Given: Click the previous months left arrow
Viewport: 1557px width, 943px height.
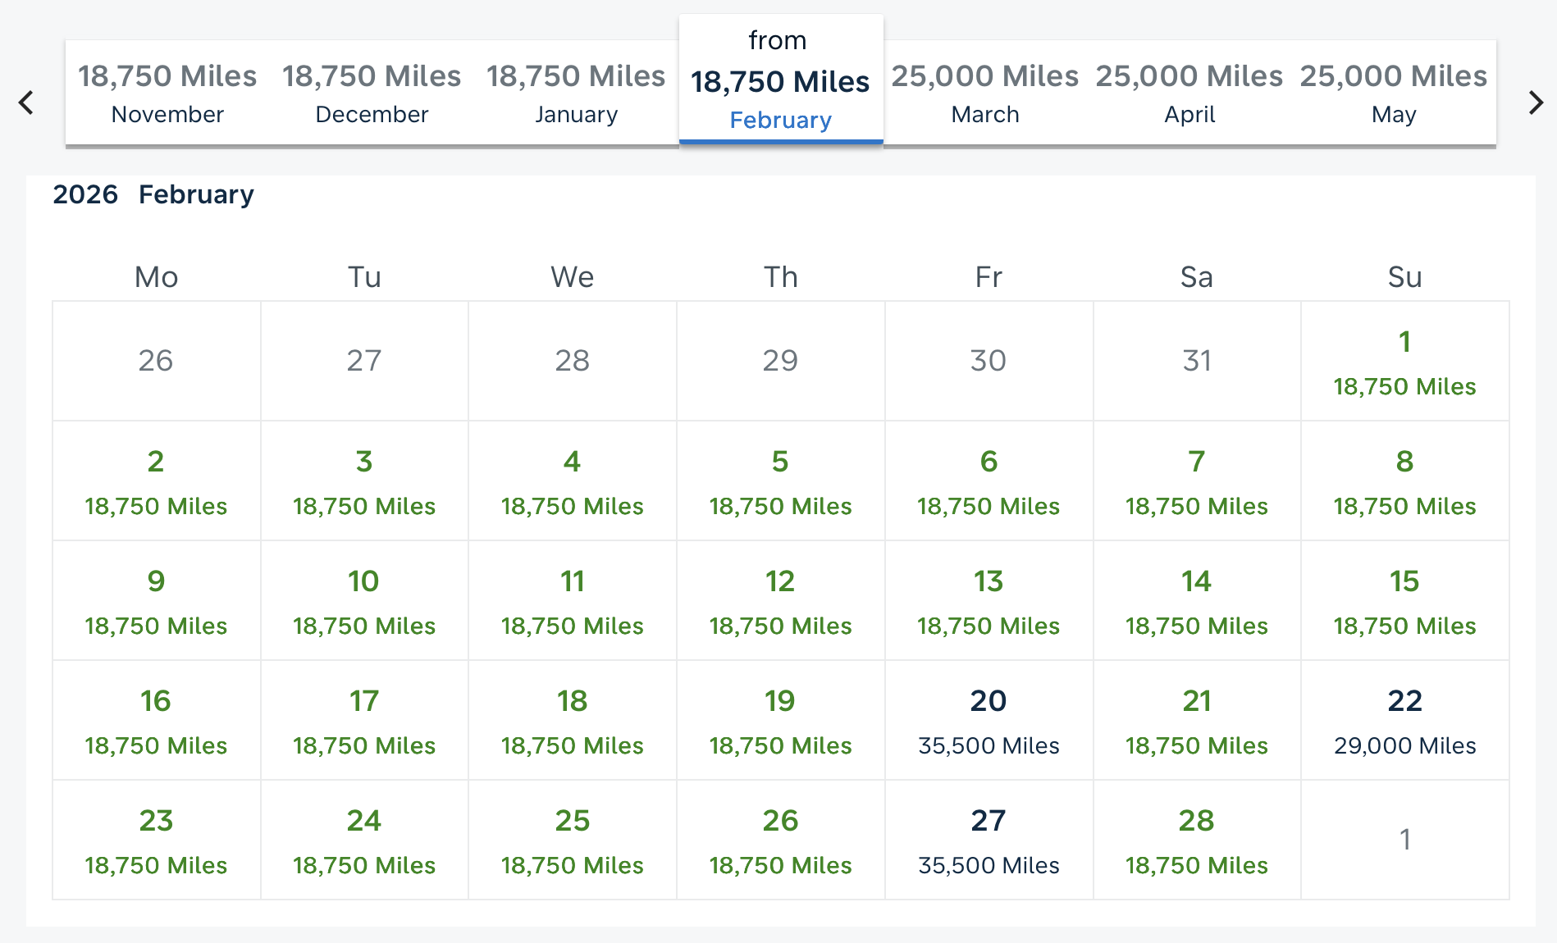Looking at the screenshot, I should pos(26,102).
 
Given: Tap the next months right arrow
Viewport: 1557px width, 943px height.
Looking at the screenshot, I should pos(1536,102).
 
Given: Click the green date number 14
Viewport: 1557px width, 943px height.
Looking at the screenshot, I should pos(1196,581).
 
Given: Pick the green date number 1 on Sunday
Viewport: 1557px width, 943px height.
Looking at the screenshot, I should pos(1404,342).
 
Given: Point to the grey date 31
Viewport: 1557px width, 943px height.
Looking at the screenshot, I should pos(1196,361).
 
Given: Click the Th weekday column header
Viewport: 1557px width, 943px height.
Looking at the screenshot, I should pos(780,277).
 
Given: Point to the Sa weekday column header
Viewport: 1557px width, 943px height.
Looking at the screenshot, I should pos(1196,277).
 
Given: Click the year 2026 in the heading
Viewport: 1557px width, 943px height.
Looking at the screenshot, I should pos(85,194).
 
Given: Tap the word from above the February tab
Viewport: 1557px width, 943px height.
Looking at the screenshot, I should pos(777,40).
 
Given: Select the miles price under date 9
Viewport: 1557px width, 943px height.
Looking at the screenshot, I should pos(156,626).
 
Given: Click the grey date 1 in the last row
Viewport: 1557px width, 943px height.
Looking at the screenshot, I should pos(1404,840).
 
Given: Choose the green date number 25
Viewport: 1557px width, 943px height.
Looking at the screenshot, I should pos(572,821).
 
